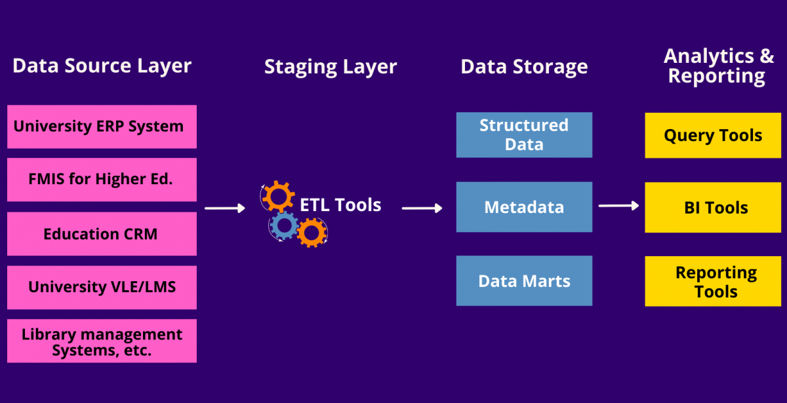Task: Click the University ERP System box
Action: tap(102, 126)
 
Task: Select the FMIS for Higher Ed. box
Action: tap(102, 179)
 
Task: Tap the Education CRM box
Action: tap(102, 234)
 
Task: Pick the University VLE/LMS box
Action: tap(102, 287)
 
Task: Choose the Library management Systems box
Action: tap(102, 341)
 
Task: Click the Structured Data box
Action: tap(524, 135)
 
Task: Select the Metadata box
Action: tap(524, 208)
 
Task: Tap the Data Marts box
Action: tap(524, 281)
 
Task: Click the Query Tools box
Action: tap(712, 136)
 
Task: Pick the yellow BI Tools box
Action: tap(712, 208)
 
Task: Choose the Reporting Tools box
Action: tap(712, 282)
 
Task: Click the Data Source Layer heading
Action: tap(102, 66)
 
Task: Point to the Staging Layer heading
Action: tap(331, 67)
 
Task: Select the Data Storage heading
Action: tap(524, 67)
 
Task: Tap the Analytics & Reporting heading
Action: tap(717, 66)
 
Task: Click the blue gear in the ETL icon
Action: tap(284, 225)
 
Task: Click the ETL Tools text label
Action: tap(340, 205)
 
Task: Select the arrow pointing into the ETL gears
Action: tap(224, 208)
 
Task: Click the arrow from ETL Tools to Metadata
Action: tap(422, 208)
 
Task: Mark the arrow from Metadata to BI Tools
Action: tap(618, 206)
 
